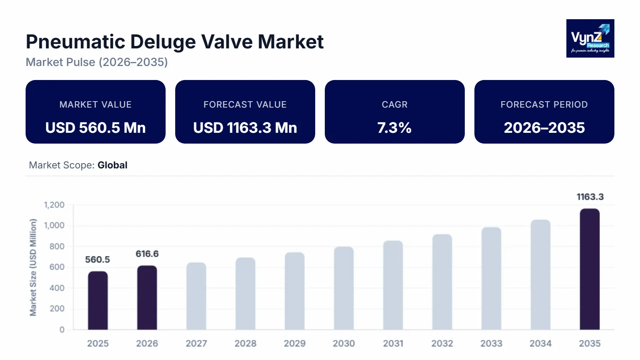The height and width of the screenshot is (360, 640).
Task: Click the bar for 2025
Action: [98, 300]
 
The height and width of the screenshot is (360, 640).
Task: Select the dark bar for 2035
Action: [590, 269]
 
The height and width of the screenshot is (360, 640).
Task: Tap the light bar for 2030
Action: [344, 288]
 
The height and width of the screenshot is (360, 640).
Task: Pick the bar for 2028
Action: [245, 294]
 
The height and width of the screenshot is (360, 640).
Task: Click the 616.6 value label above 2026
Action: [147, 254]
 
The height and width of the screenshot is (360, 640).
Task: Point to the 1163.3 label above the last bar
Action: [590, 197]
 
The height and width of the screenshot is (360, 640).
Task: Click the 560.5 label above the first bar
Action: [97, 260]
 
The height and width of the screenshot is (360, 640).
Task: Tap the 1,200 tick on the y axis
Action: [54, 205]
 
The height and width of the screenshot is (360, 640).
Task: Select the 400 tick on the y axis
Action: [57, 288]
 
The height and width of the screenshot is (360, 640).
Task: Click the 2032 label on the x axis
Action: [442, 343]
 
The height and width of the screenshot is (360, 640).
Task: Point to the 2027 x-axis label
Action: [196, 343]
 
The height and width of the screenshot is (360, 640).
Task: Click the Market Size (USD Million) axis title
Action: [33, 267]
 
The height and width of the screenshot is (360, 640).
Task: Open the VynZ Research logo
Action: [590, 38]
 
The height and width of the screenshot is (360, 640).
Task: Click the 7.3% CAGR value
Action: [394, 128]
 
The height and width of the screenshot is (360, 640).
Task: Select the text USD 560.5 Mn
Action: [95, 128]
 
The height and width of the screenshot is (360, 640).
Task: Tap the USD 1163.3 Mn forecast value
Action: [245, 128]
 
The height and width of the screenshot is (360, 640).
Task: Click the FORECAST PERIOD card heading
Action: [544, 104]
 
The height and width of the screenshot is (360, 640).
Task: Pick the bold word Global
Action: [112, 165]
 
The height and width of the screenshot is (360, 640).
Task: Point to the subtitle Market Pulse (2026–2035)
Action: [97, 62]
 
